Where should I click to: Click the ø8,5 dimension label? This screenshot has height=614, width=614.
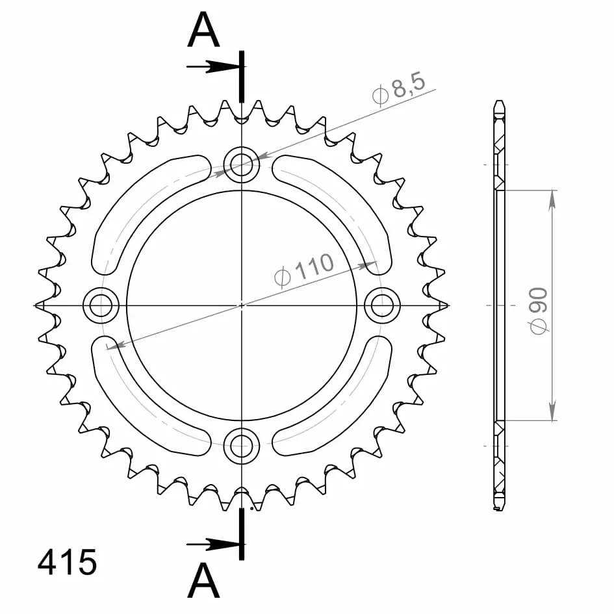399,88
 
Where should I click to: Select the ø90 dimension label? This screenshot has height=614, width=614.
538,311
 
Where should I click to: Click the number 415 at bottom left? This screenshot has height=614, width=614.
67,562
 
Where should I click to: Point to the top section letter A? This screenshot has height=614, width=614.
203,29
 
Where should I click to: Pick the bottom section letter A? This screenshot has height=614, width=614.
203,580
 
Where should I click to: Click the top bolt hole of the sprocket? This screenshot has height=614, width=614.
242,164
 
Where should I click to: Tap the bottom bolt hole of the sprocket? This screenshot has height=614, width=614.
242,446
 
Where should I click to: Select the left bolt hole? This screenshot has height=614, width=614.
101,305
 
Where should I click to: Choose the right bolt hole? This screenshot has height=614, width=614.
382,305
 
